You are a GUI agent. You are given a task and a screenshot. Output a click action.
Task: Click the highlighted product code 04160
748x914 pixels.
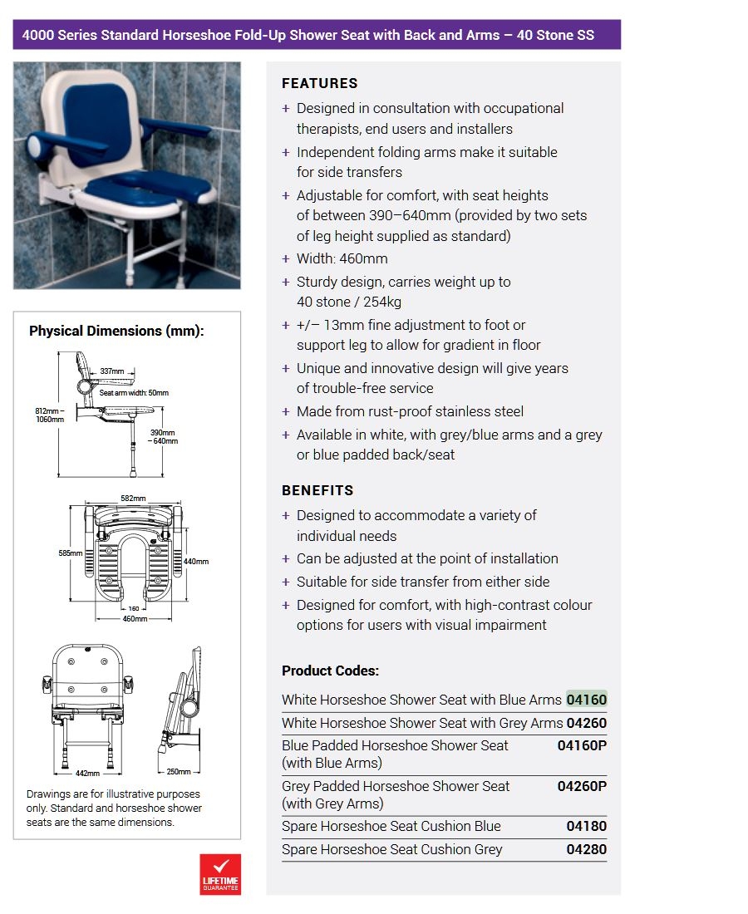(x=586, y=700)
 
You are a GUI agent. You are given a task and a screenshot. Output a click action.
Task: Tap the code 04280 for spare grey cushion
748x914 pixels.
(x=586, y=849)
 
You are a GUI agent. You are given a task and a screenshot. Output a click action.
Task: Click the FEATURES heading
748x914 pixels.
(x=320, y=83)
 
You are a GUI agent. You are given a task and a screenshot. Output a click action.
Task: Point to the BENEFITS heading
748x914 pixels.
(x=317, y=490)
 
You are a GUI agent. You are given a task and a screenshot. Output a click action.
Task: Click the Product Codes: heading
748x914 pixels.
(x=330, y=671)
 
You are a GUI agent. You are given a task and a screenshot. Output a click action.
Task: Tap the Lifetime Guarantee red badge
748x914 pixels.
(x=220, y=874)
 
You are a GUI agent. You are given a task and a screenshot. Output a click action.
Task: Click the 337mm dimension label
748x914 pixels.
(x=112, y=371)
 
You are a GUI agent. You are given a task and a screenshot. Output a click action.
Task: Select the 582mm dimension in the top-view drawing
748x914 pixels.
(x=133, y=499)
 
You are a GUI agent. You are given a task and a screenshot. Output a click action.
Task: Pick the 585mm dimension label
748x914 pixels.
(x=71, y=553)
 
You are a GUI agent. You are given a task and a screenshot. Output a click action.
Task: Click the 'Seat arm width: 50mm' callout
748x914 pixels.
(x=134, y=393)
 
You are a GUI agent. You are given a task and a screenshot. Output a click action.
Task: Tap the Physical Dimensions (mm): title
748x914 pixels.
(x=116, y=331)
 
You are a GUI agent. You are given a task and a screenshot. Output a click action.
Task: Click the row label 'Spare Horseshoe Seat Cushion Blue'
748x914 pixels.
(x=391, y=826)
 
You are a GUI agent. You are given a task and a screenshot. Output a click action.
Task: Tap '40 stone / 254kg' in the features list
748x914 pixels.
(x=349, y=302)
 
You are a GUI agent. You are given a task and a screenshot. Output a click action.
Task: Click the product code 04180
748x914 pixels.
(x=586, y=826)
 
